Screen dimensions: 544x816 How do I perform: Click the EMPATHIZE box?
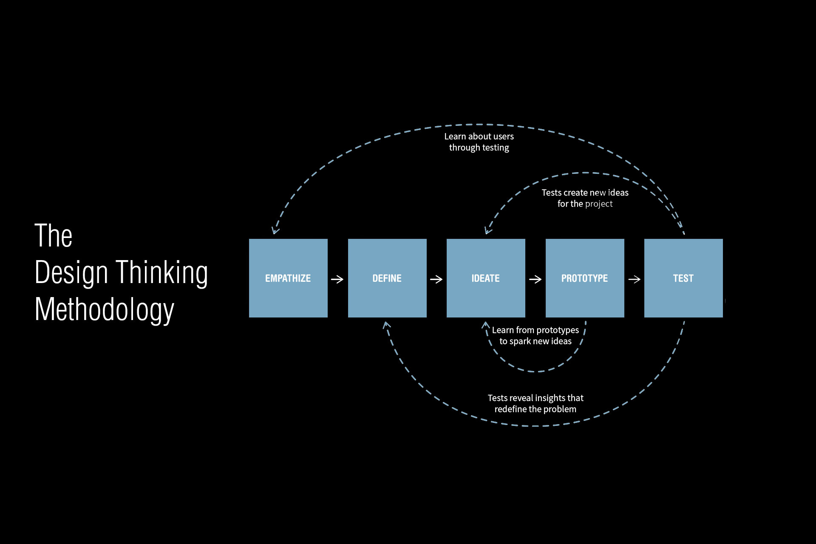288,278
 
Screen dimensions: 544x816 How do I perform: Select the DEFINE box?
387,278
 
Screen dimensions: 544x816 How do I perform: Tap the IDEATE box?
486,278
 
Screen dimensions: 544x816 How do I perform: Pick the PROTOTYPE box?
585,278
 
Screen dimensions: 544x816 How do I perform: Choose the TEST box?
683,278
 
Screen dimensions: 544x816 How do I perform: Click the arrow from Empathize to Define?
337,279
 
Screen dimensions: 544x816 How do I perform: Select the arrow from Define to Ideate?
436,279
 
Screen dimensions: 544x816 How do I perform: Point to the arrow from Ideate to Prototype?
535,279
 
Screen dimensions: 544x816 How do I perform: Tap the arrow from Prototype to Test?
635,279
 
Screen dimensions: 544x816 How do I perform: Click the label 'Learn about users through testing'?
479,142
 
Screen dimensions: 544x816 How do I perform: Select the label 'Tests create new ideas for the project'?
585,198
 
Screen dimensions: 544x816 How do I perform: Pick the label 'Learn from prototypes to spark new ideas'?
535,335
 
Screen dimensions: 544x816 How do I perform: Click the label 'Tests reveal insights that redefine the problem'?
535,403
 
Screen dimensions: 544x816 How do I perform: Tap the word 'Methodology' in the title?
105,309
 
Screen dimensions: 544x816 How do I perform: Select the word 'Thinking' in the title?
162,272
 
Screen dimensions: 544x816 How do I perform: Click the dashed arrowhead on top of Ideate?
487,231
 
